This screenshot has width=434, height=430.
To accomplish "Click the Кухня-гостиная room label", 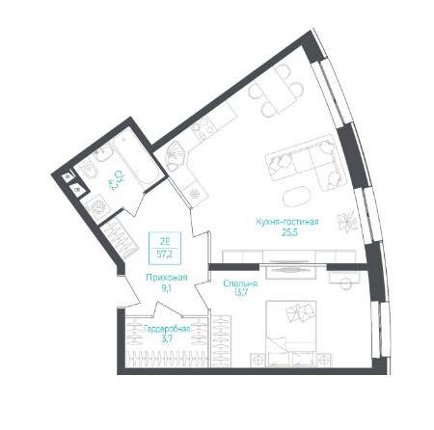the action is tap(287, 222).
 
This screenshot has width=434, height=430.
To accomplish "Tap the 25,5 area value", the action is tap(289, 232).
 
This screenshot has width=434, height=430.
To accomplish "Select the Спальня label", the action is tap(240, 283).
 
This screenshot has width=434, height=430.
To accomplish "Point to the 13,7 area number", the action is tap(240, 292).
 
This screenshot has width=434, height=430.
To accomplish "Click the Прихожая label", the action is tap(167, 278).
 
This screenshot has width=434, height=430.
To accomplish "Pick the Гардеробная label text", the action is tap(167, 329).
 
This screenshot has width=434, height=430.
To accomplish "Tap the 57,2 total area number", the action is tap(165, 255).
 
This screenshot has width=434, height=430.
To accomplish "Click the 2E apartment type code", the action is tap(165, 241).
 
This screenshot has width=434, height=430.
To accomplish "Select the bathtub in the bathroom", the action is tap(136, 159).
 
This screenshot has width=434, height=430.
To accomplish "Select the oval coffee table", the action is tap(297, 197).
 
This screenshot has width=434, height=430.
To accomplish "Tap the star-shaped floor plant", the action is tap(346, 222).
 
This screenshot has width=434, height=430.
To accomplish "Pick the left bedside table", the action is tap(258, 360).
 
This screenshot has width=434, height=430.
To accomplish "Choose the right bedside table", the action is tap(324, 360).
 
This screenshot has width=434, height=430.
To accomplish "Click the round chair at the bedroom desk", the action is tap(345, 283).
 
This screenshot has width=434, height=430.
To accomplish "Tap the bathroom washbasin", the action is tap(103, 152).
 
